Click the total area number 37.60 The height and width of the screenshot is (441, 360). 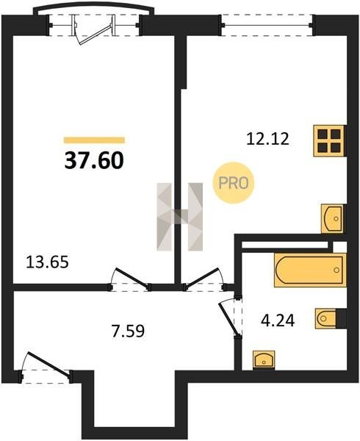click(x=94, y=161)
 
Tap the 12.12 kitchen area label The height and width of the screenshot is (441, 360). click(x=267, y=139)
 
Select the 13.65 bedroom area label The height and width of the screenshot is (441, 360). click(x=47, y=262)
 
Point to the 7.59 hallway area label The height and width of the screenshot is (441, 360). click(x=128, y=331)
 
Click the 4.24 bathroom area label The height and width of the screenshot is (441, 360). click(x=278, y=320)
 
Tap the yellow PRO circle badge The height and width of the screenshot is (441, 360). click(x=233, y=183)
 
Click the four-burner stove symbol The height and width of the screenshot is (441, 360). click(x=329, y=140)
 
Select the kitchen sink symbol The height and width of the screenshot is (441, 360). click(x=333, y=218)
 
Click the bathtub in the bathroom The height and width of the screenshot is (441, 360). click(x=310, y=270)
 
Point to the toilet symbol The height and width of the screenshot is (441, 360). click(x=326, y=318)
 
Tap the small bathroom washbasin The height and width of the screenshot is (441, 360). click(x=264, y=359)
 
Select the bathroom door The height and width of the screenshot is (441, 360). click(x=231, y=317)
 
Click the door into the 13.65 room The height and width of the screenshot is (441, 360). click(x=130, y=280)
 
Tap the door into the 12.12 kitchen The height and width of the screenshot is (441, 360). click(x=204, y=280)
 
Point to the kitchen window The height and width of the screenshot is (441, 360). click(x=267, y=25)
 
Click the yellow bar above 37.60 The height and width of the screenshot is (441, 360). click(x=94, y=140)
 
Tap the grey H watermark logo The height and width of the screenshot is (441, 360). click(x=180, y=217)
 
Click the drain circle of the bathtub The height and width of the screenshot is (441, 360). click(x=336, y=270)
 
